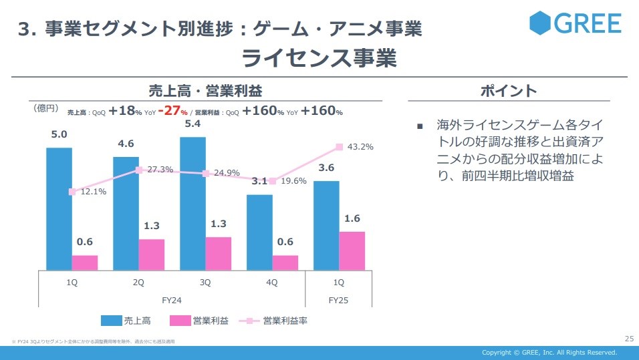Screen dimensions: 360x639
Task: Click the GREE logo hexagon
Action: pos(540,23)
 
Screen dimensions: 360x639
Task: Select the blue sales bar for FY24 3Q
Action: pos(193,203)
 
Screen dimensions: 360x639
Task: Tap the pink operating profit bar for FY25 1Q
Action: pos(352,250)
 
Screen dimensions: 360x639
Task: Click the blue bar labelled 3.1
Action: pos(259,232)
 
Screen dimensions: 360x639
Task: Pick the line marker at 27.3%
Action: pos(138,170)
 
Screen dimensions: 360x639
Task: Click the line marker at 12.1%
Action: pos(72,192)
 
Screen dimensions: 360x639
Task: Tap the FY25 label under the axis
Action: pos(338,301)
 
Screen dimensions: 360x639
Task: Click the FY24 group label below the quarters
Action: pos(172,301)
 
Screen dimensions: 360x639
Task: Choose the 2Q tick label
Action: pos(138,283)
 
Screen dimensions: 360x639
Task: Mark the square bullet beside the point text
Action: pos(420,126)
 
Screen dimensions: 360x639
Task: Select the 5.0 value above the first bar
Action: pos(59,135)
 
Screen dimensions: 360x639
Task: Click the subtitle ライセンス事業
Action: pos(319,58)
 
